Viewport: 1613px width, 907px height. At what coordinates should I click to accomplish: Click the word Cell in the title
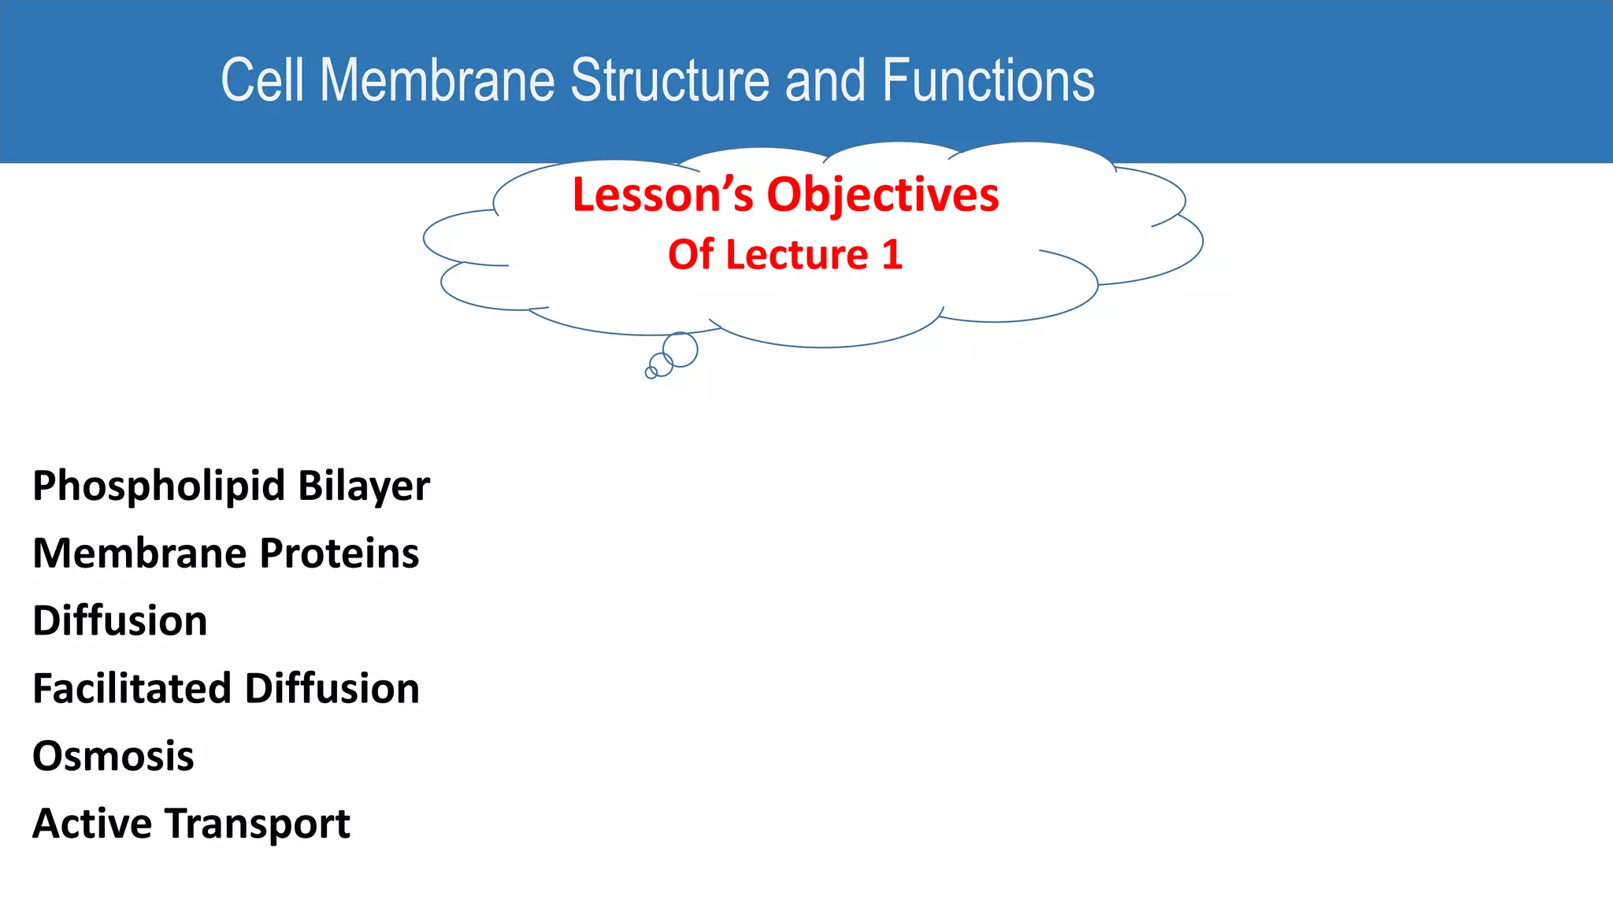point(261,80)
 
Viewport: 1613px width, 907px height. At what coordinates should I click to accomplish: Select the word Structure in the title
point(669,80)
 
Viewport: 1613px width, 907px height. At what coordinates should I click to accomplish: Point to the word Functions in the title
point(988,80)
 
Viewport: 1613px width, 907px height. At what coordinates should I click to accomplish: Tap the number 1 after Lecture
point(892,255)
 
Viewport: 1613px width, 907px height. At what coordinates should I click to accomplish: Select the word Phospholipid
point(158,487)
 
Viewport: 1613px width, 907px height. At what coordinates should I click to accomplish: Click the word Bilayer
point(364,487)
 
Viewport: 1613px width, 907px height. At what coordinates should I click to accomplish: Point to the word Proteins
point(339,553)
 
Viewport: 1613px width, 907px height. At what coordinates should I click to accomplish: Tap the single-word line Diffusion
point(120,620)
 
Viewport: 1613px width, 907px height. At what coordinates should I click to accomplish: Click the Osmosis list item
point(113,757)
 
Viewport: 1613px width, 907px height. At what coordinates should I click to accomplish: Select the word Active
point(92,824)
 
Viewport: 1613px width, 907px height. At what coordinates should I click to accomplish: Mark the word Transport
point(258,825)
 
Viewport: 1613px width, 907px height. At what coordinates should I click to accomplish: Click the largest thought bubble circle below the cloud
point(680,349)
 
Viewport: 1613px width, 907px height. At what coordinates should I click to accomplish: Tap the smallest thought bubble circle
point(651,372)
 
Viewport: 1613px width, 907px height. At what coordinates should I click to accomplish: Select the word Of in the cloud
point(690,255)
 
